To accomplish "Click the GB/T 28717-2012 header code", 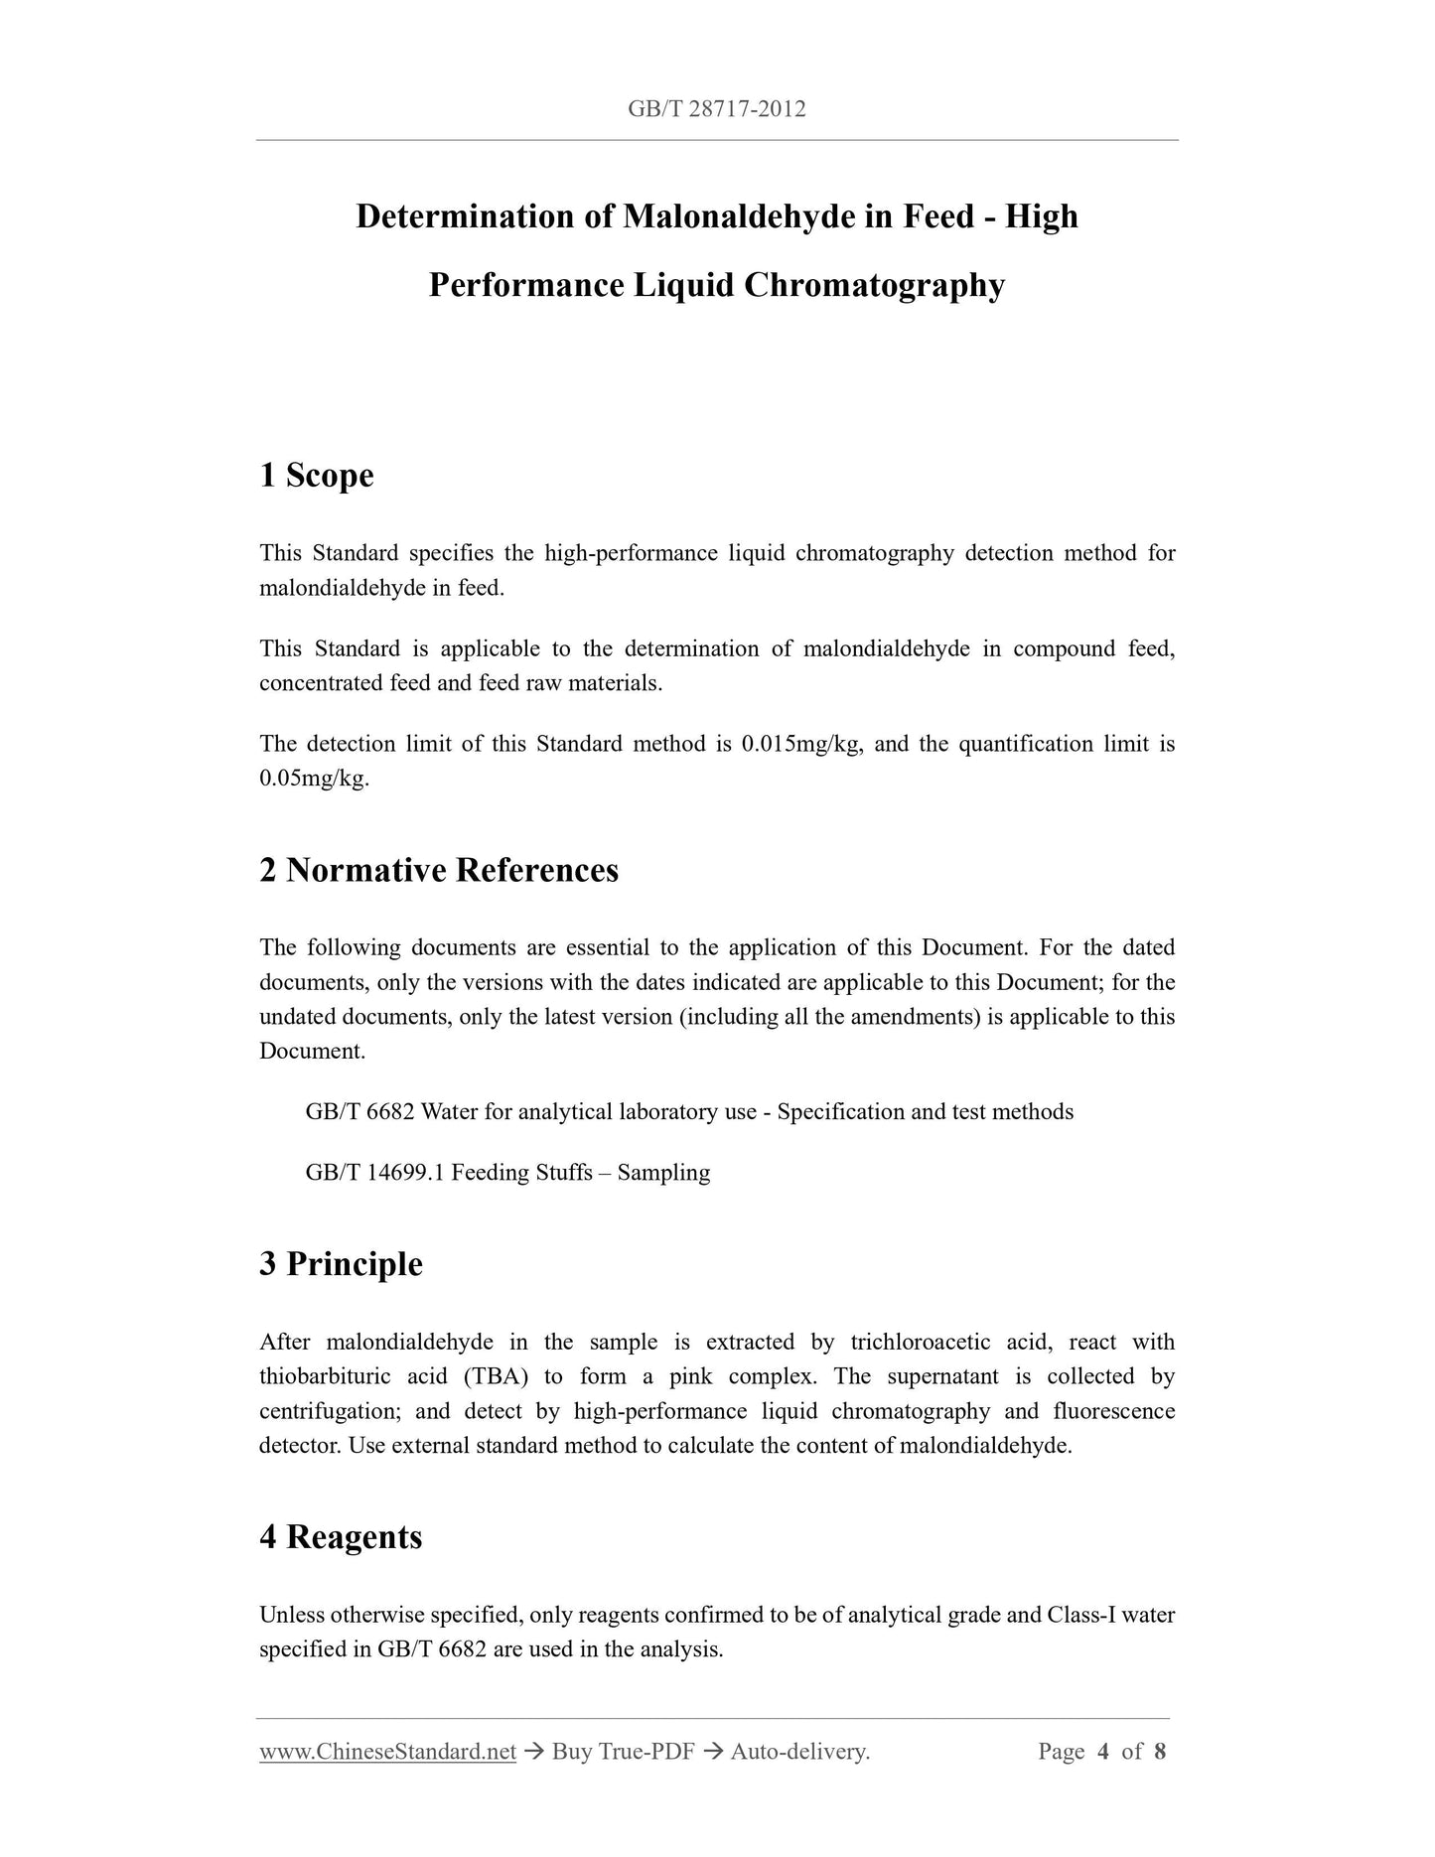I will tap(716, 109).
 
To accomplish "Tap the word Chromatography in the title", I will tap(874, 285).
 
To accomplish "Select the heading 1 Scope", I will tap(317, 475).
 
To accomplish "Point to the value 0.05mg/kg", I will tap(314, 779).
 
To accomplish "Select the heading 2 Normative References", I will tap(439, 870).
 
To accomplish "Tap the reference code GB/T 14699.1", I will tap(375, 1172).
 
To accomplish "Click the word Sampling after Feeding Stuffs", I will tap(663, 1172).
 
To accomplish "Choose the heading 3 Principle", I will tap(341, 1264).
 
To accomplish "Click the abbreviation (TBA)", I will tap(494, 1376).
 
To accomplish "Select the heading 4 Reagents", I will tap(341, 1537).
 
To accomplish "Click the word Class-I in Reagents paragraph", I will tap(1082, 1615).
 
